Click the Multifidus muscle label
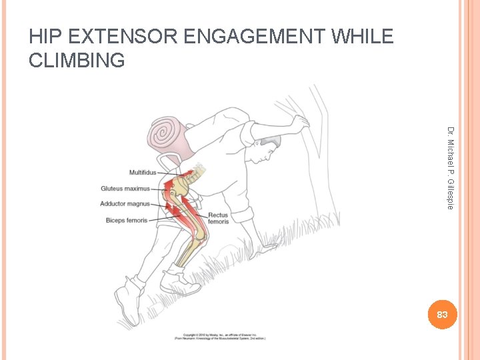[x=143, y=173]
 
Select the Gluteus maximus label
[x=125, y=189]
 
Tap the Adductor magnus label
[x=125, y=204]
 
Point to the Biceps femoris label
[x=127, y=220]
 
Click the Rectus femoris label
[x=218, y=218]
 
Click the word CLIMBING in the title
[x=77, y=61]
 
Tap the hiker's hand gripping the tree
[x=301, y=123]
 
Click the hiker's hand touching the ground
[x=267, y=247]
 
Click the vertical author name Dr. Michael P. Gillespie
[x=451, y=167]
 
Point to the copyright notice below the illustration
[x=221, y=337]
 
